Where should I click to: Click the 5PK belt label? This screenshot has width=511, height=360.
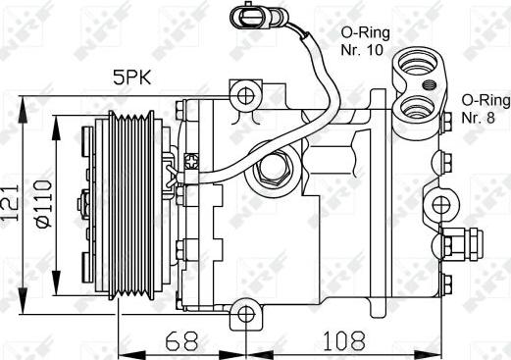coord(132,78)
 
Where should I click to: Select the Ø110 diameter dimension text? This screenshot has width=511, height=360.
coord(44,203)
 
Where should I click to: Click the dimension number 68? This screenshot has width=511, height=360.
coord(181,340)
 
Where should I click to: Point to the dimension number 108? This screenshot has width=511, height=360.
coord(344,340)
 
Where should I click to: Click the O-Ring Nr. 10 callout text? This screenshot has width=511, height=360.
coord(365,41)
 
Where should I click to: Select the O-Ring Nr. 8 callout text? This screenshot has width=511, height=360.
coord(485,109)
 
